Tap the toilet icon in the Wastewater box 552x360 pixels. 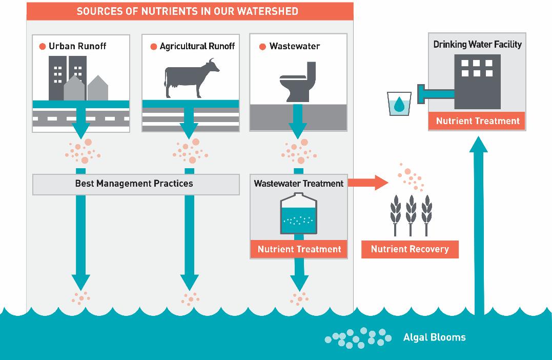tap(298, 82)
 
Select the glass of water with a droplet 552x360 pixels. tap(399, 104)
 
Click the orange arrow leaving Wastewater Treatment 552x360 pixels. tap(368, 183)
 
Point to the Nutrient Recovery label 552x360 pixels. tap(410, 249)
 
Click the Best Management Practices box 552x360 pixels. tap(136, 184)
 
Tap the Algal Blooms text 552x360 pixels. tap(435, 337)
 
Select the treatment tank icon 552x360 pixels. tap(298, 213)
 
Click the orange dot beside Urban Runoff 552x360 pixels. tap(43, 47)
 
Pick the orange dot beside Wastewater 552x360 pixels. tap(262, 47)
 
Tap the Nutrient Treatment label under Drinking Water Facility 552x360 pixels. tap(477, 121)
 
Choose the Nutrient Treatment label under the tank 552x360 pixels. tap(299, 249)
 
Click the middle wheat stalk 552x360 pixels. tap(411, 215)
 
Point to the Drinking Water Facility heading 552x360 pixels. tap(477, 45)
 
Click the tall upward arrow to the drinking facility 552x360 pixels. tap(479, 226)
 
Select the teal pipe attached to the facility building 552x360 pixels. tap(436, 94)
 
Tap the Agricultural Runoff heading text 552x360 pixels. tap(197, 46)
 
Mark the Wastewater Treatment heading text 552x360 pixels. tap(298, 184)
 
